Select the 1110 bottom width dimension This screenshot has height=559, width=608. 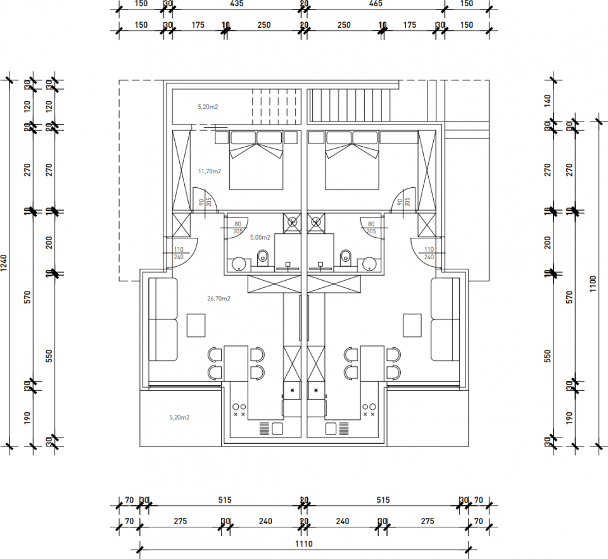click(304, 544)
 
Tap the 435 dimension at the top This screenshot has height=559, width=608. click(236, 4)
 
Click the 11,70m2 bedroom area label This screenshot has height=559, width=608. click(210, 171)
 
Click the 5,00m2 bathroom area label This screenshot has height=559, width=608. click(260, 238)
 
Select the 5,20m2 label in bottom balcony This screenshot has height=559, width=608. click(180, 417)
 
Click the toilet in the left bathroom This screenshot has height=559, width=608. click(263, 257)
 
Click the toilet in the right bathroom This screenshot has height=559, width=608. click(346, 257)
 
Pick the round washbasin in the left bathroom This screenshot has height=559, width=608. click(239, 264)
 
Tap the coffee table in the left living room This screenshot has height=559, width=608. click(196, 326)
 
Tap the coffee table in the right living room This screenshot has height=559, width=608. click(413, 326)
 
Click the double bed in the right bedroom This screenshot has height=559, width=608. click(352, 161)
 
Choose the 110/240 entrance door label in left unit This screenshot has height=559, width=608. click(177, 253)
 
